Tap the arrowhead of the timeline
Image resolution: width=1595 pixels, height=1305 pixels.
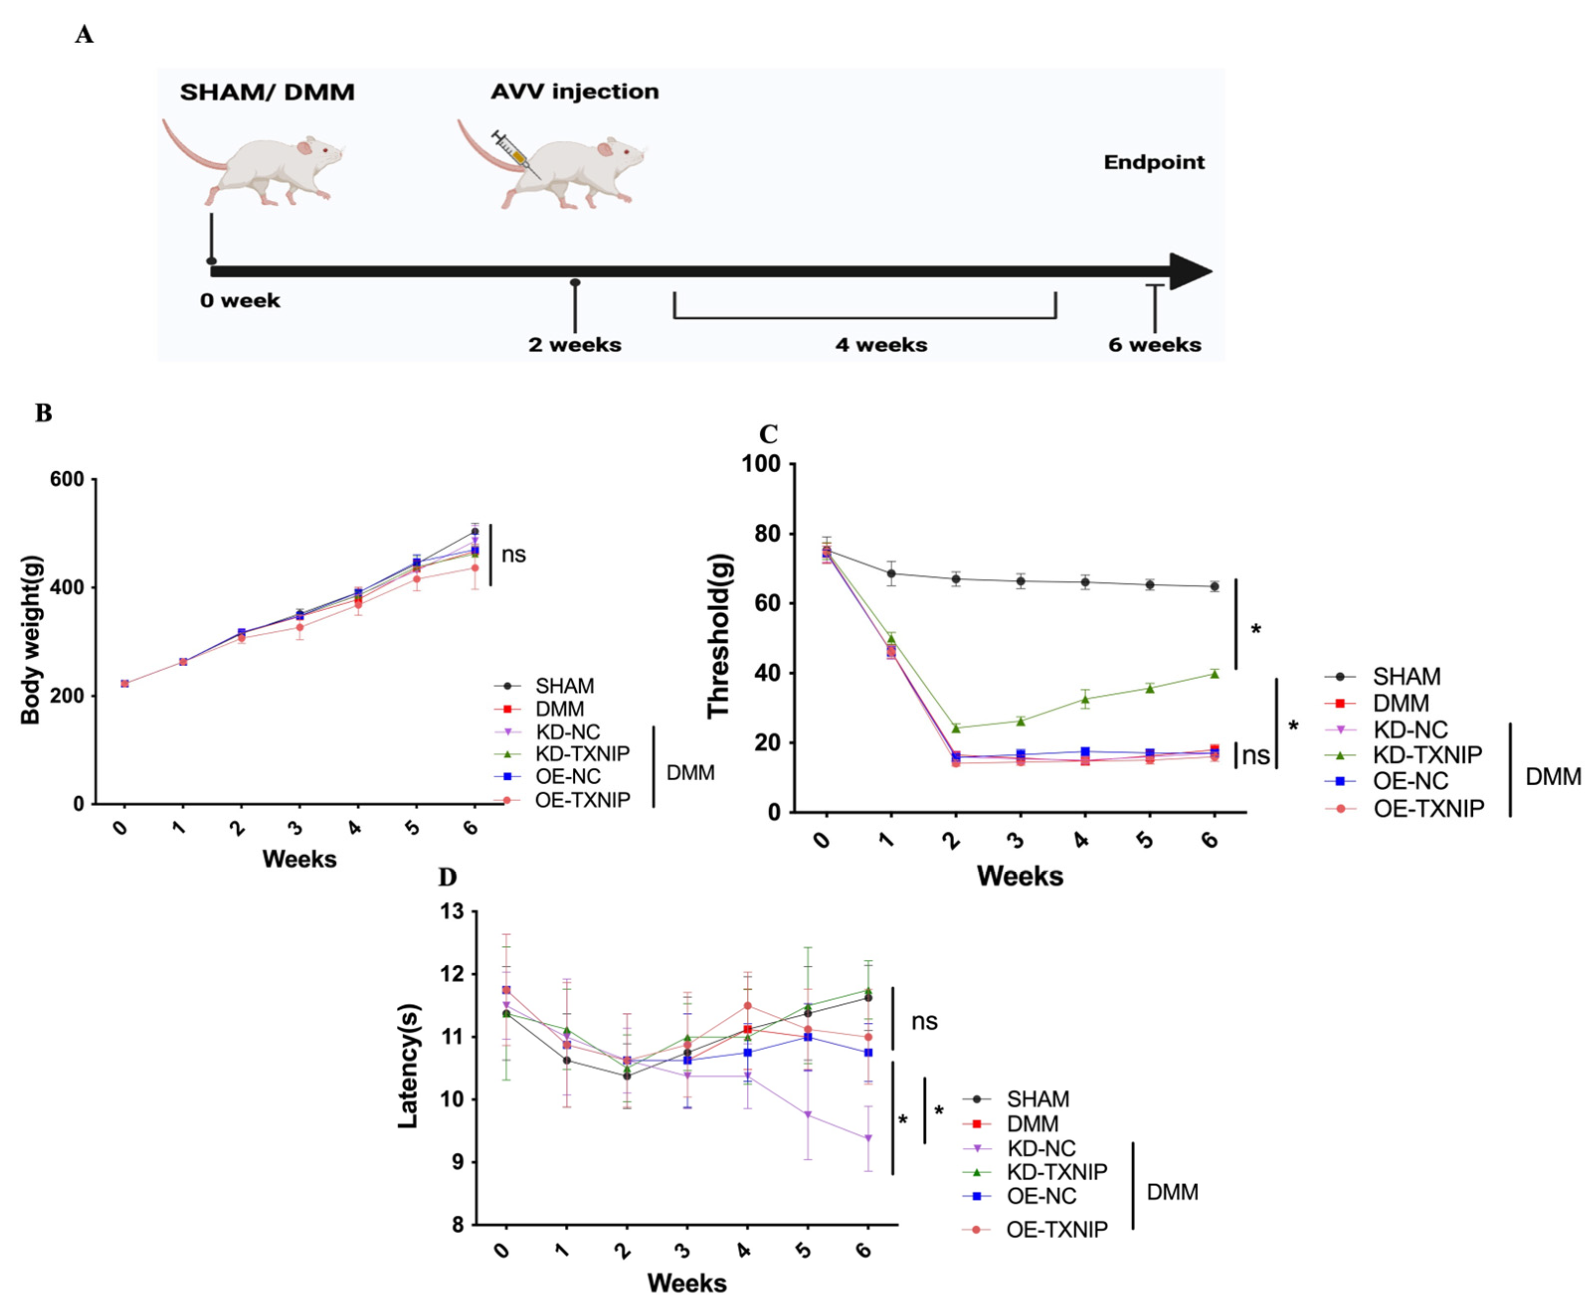click(x=1191, y=271)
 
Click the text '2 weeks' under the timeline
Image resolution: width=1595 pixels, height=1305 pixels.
click(x=575, y=345)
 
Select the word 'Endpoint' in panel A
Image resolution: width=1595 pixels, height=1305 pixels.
click(x=1153, y=163)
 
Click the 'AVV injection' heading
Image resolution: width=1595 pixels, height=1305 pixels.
click(x=575, y=92)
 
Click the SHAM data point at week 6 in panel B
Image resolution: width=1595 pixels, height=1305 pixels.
click(x=474, y=531)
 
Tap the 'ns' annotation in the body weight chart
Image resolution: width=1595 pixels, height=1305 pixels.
click(x=514, y=555)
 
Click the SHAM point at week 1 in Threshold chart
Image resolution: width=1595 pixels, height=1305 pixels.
click(x=891, y=573)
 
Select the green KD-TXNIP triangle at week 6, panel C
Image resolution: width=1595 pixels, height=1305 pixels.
click(x=1214, y=673)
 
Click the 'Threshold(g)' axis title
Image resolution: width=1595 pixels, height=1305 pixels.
click(x=718, y=637)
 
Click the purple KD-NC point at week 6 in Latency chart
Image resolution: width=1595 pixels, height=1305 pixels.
click(x=868, y=1138)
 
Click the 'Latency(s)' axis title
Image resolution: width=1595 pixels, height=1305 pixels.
click(x=408, y=1066)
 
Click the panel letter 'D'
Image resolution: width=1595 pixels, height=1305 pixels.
click(x=447, y=877)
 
